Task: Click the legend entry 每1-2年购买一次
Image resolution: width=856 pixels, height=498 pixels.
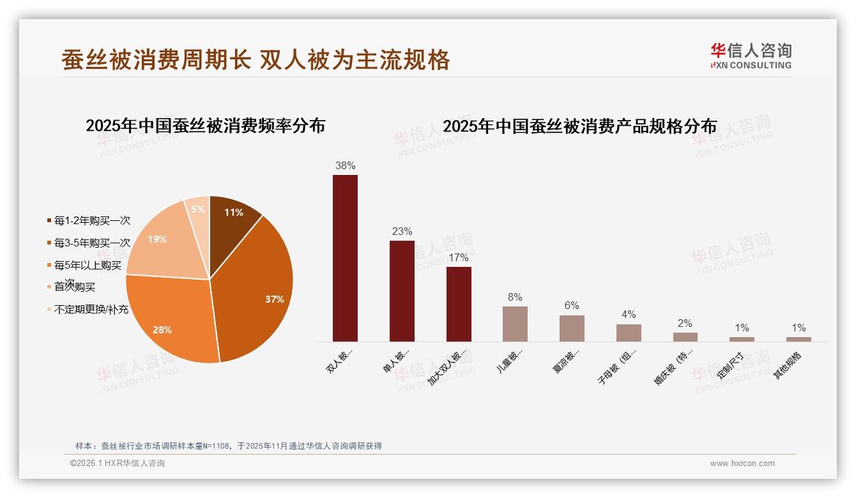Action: [x=89, y=221]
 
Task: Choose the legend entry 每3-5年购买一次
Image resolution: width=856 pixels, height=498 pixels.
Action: [x=89, y=243]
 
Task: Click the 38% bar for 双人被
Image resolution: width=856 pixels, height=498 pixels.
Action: [x=345, y=258]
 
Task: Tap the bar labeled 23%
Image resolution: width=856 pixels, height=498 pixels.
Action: [x=402, y=290]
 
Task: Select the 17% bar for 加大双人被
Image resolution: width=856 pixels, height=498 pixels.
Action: [x=459, y=304]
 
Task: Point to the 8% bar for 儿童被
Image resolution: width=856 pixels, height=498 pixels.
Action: [x=515, y=324]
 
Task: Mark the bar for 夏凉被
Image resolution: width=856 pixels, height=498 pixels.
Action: [x=572, y=328]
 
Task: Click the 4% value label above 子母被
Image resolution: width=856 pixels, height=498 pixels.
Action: [x=628, y=314]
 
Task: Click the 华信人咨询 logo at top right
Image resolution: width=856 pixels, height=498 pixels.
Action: [x=751, y=56]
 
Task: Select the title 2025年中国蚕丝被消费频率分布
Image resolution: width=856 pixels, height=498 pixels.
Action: [x=205, y=126]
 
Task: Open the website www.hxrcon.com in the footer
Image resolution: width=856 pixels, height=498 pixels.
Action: [x=742, y=464]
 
